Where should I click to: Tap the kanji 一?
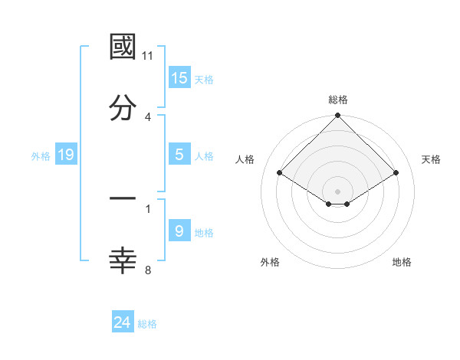pyautogui.click(x=123, y=199)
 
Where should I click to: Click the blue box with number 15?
pyautogui.click(x=179, y=77)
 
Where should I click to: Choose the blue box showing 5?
pyautogui.click(x=179, y=154)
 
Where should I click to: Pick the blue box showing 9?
pyautogui.click(x=179, y=231)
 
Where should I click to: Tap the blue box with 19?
pyautogui.click(x=66, y=155)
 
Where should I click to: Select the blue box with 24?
pyautogui.click(x=123, y=322)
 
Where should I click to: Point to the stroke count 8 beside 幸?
pyautogui.click(x=147, y=270)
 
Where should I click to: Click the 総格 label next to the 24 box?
pyautogui.click(x=147, y=324)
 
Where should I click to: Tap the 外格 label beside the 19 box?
pyautogui.click(x=41, y=156)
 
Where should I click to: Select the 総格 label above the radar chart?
pyautogui.click(x=338, y=100)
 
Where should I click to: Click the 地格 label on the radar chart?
pyautogui.click(x=402, y=262)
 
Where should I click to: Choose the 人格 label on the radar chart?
pyautogui.click(x=245, y=159)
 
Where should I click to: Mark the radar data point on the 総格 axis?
pyautogui.click(x=338, y=116)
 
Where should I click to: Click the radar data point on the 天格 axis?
pyautogui.click(x=396, y=173)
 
